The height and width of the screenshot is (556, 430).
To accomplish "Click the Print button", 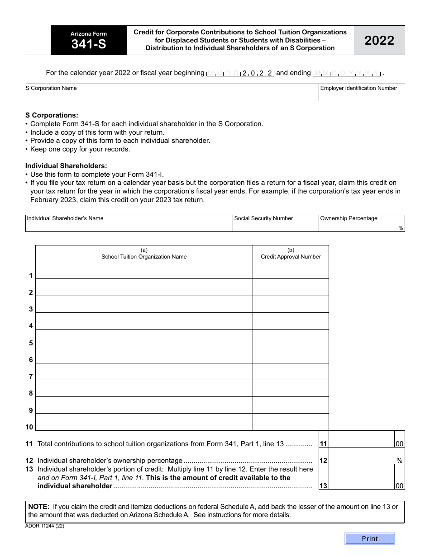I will [369, 538].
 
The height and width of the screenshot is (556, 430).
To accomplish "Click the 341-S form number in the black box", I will [89, 44].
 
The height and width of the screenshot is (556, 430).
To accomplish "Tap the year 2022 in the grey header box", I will [379, 41].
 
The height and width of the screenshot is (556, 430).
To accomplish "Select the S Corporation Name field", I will [172, 95].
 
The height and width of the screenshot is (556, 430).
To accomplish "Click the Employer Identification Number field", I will [362, 95].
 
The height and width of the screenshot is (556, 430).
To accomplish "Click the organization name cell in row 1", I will [144, 270].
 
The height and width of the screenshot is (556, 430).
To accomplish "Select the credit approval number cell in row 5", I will [291, 338].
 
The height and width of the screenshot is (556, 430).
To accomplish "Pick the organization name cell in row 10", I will [144, 422].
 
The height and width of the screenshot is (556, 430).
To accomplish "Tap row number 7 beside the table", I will [31, 377].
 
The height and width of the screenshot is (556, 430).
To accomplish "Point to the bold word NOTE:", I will [38, 507].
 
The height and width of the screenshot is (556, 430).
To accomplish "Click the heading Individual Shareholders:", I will [66, 166].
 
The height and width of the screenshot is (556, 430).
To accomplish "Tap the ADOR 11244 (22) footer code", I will [45, 526].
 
